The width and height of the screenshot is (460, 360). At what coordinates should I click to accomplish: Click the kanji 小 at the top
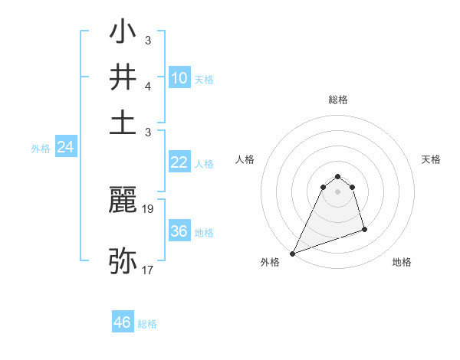pos(123,34)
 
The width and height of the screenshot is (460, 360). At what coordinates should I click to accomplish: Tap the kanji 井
pos(123,77)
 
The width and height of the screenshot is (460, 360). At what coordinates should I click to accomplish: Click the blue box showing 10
pos(179,78)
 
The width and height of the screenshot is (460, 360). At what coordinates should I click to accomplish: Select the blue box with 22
pos(179,162)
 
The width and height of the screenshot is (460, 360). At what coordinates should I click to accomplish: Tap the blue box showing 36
pos(179,231)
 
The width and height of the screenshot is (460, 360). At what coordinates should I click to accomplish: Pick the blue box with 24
pos(65,148)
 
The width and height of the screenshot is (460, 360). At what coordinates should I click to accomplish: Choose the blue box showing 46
pos(123,322)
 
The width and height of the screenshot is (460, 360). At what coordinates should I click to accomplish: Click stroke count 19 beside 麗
pos(149,208)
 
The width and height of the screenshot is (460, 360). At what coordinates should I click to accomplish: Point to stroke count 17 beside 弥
pos(148,270)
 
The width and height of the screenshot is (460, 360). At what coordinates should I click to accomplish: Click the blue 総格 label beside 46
pos(147,324)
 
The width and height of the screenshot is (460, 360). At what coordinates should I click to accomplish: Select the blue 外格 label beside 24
pos(41,149)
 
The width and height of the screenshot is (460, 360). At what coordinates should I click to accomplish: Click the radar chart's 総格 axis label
pos(338,100)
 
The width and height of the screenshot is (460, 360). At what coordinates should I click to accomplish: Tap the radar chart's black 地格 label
pos(402,263)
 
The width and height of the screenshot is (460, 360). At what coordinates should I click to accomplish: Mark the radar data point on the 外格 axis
pos(292,254)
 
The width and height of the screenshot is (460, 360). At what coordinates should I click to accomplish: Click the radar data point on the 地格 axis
pos(364,229)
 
